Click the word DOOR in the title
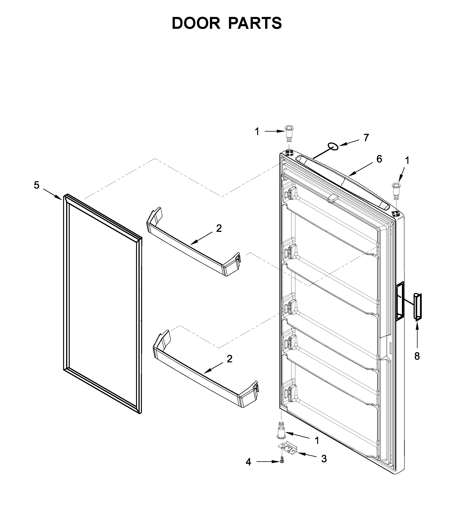coord(196,23)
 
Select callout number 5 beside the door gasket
coord(37,185)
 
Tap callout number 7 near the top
coord(366,138)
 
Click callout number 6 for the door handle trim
coord(379,159)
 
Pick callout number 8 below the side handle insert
coord(417,356)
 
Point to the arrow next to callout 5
coord(52,194)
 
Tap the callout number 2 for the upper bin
coord(219,228)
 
